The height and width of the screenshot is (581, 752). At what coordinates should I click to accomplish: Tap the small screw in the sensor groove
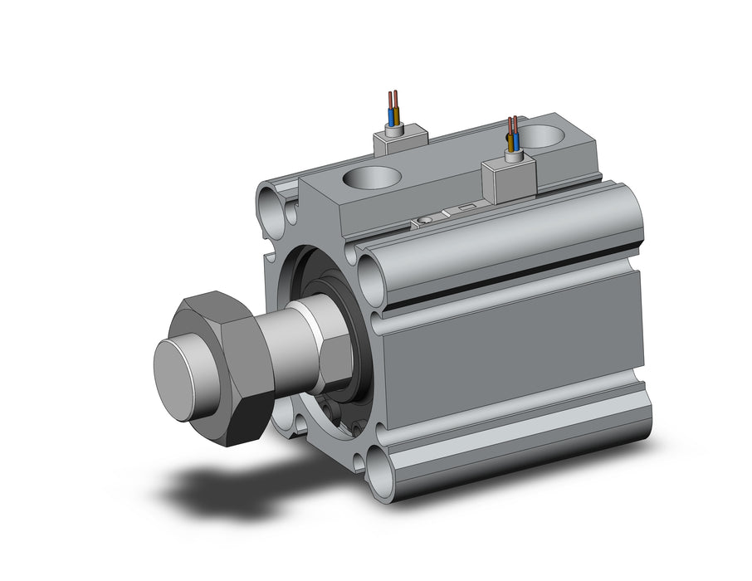tap(425, 219)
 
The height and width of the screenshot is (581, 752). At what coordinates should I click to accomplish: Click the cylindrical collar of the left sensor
tap(394, 129)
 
